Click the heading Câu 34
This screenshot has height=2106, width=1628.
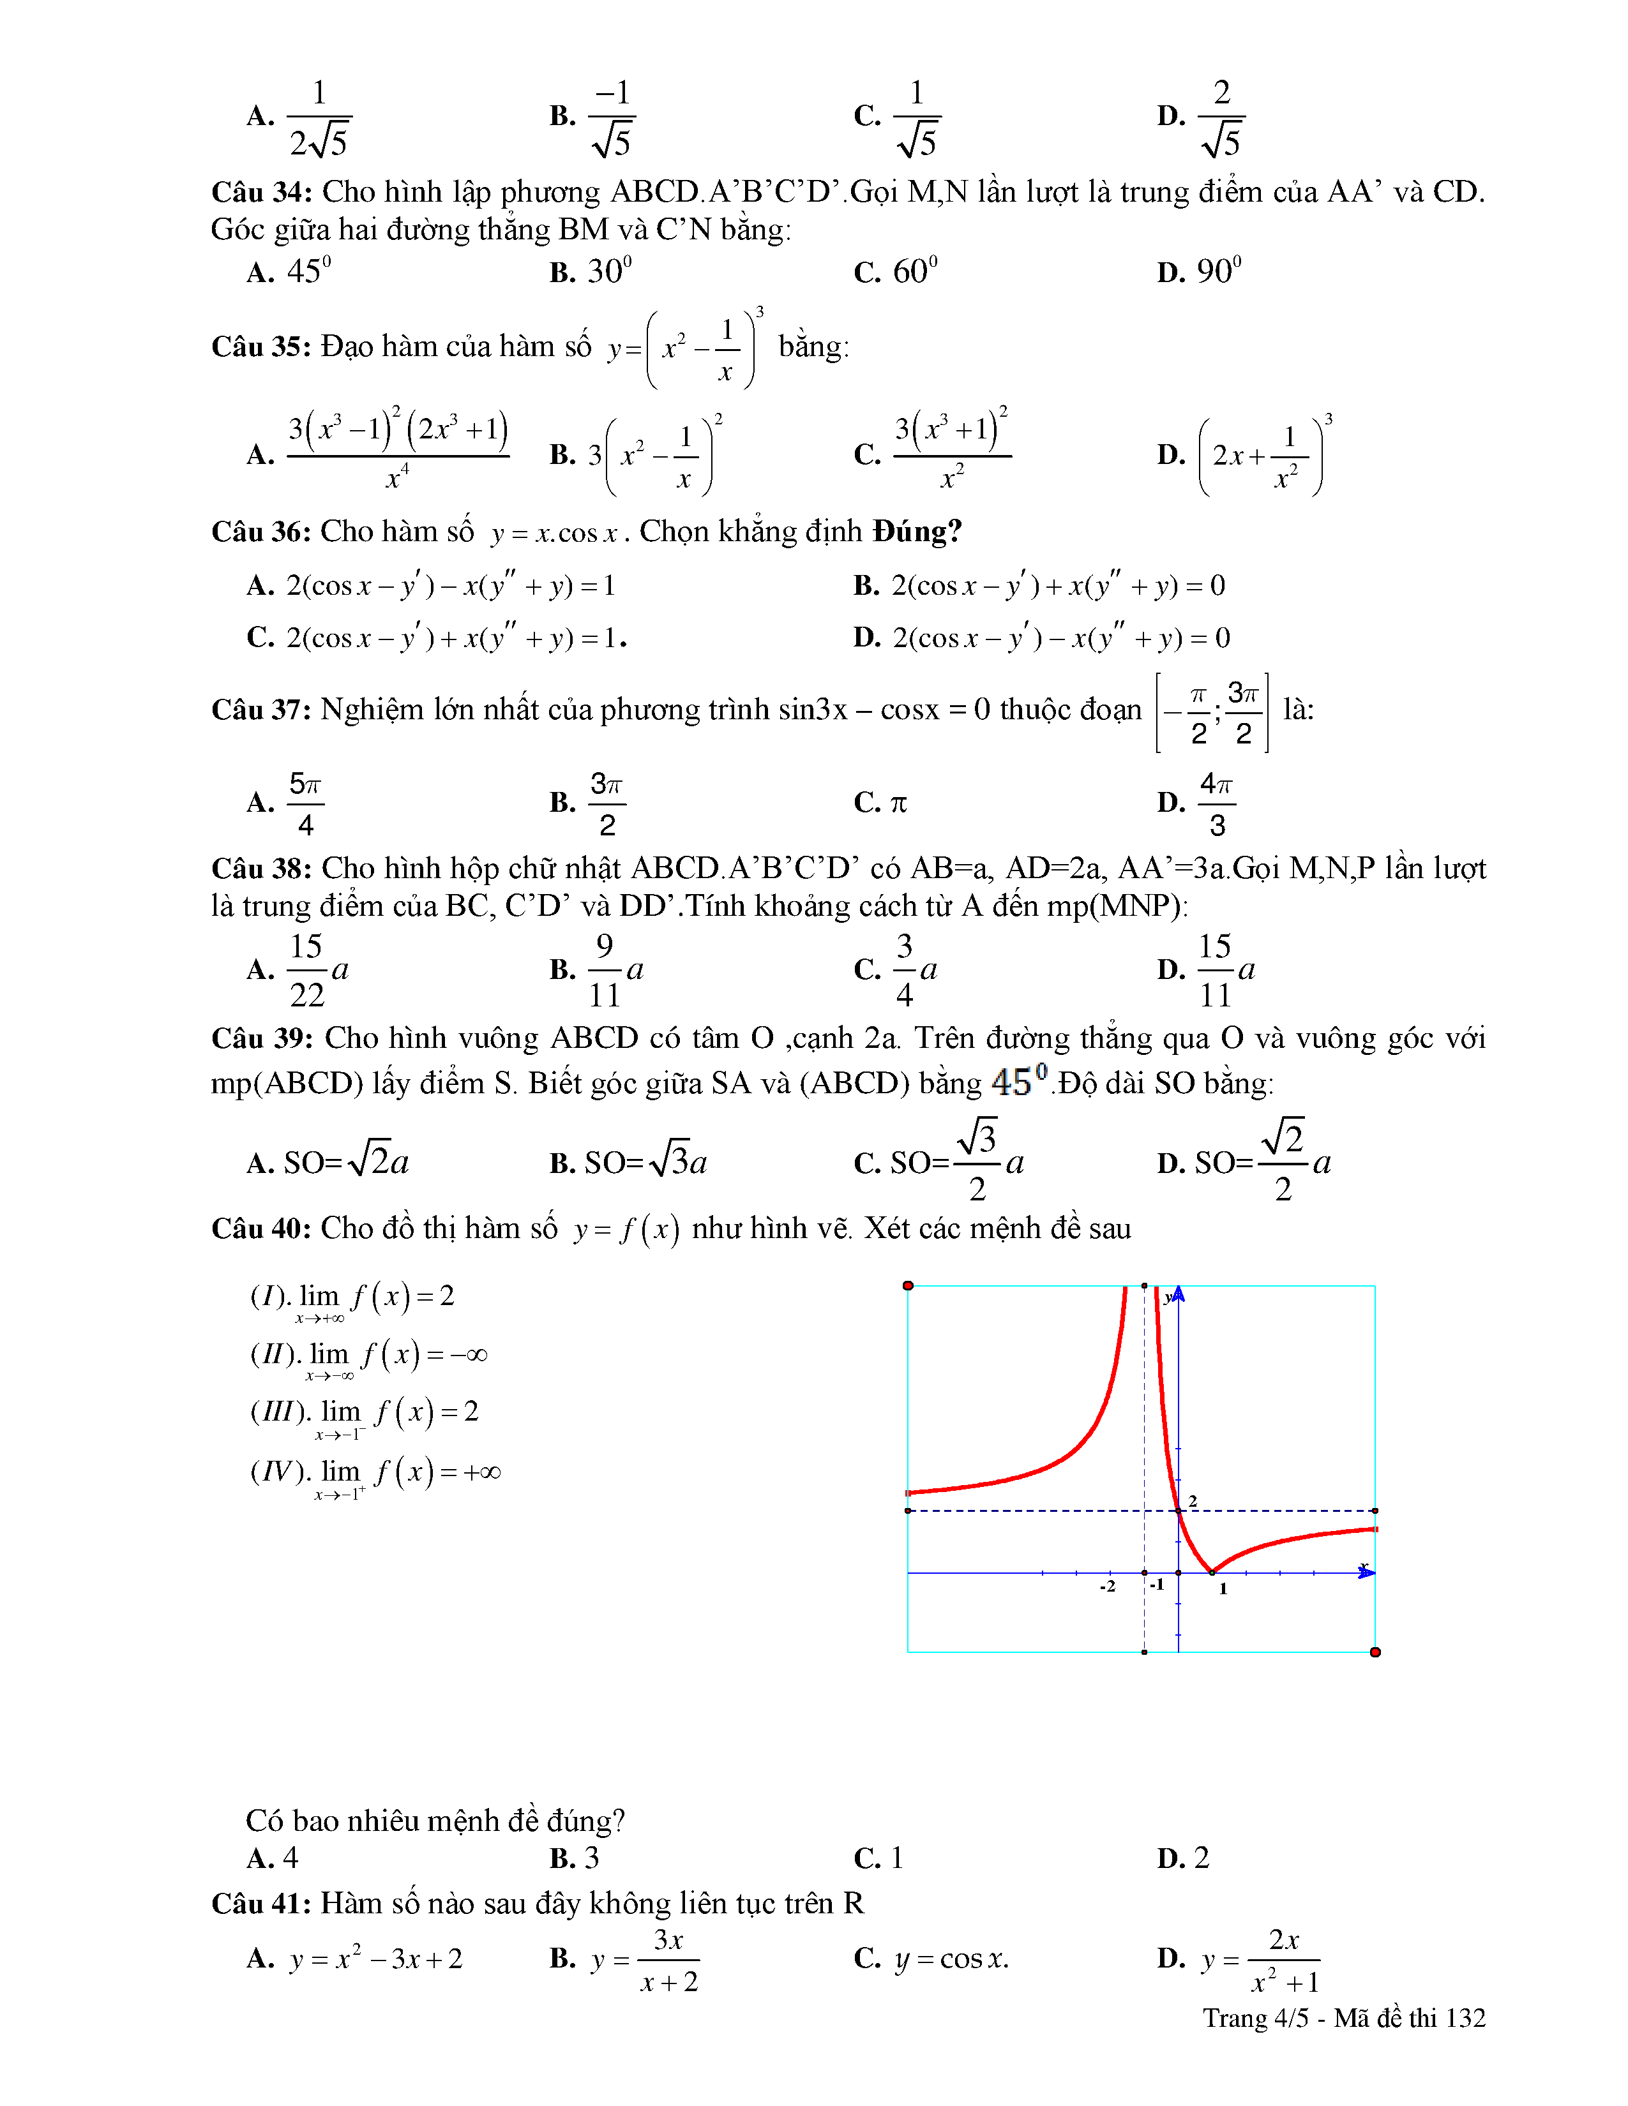261,193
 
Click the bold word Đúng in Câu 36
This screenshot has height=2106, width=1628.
916,532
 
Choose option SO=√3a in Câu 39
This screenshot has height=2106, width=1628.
645,1163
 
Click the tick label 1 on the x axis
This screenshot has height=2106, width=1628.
1223,1589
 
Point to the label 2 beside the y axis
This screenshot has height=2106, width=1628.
1193,1500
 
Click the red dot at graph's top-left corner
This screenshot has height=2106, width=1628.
908,1285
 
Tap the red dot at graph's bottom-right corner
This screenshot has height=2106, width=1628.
1375,1652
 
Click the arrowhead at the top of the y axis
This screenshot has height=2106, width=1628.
1179,1293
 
